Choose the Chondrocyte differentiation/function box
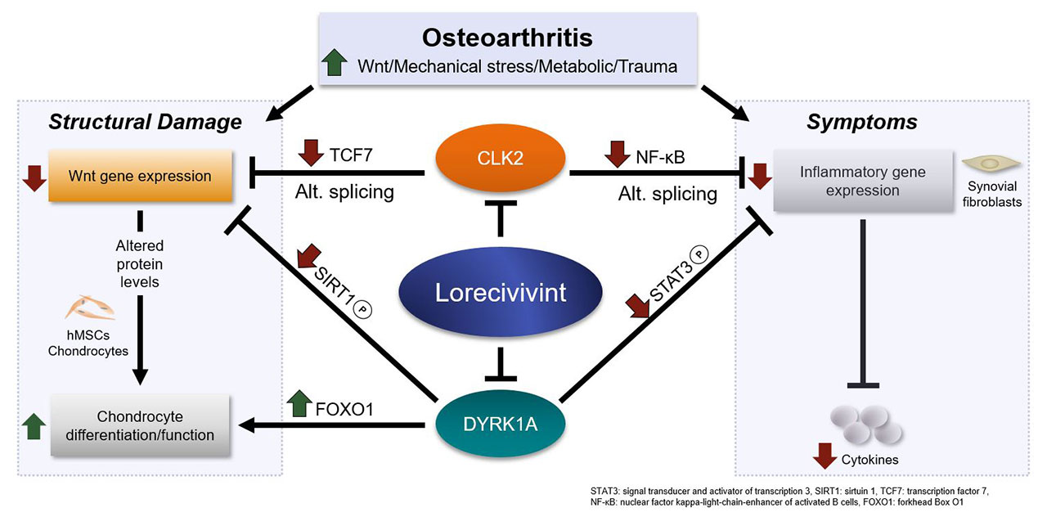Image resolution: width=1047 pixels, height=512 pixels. [x=141, y=424]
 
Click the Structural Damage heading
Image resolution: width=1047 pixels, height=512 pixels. [x=146, y=123]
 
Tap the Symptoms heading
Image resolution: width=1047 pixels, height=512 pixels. [x=862, y=123]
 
